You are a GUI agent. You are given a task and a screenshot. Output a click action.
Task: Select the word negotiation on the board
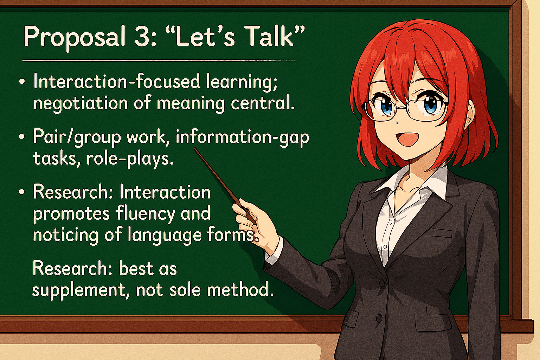[80, 103]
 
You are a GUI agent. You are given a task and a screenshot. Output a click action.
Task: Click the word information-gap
[242, 137]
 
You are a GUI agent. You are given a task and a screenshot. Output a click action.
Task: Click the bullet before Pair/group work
[22, 136]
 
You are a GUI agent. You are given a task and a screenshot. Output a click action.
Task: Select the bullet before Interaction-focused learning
[22, 82]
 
